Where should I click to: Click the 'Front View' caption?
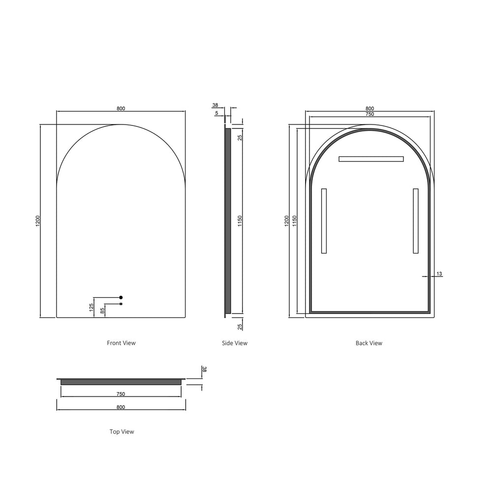click(121, 343)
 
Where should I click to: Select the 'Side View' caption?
click(235, 343)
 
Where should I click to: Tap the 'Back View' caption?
click(369, 343)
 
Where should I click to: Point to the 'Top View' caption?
click(122, 432)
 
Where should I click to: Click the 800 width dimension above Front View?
click(121, 109)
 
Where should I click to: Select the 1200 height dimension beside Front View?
click(38, 221)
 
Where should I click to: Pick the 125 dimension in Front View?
click(92, 307)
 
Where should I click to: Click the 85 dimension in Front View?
click(102, 310)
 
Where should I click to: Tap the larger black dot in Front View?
click(121, 298)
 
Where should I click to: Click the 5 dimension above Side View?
click(216, 113)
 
